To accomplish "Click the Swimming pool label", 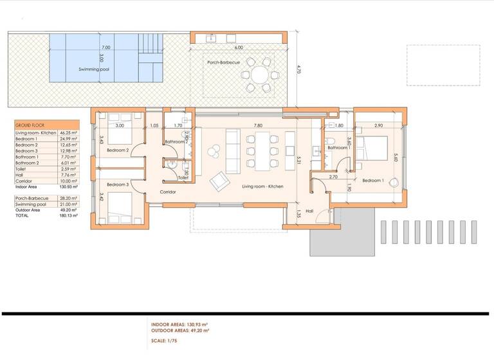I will click(93, 69).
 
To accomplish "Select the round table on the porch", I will click(261, 75).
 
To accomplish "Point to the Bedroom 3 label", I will click(118, 185).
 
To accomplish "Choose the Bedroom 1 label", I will click(374, 181).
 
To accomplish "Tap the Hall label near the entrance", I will click(309, 210).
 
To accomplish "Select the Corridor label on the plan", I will click(168, 192).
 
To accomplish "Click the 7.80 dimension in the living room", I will click(258, 126).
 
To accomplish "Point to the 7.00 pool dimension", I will click(105, 48).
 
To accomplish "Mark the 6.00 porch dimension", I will click(239, 48).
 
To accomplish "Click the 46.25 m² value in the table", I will click(69, 132).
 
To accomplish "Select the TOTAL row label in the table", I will click(23, 216).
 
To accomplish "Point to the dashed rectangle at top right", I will click(443, 65).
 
